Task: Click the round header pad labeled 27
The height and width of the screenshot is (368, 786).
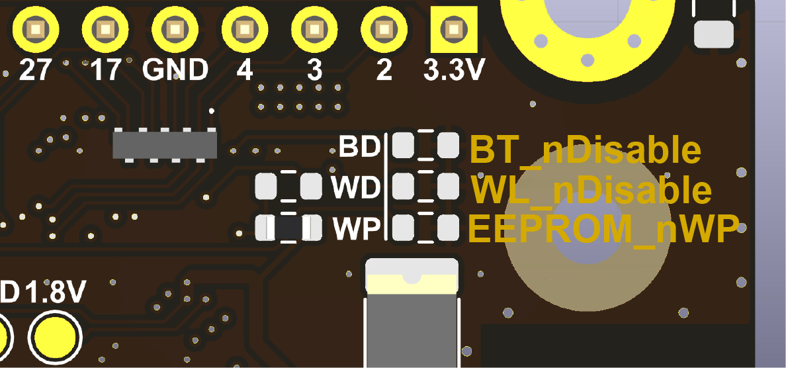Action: click(35, 30)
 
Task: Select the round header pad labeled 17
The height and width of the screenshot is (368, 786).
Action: click(105, 30)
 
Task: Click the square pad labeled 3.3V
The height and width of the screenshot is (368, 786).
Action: click(453, 30)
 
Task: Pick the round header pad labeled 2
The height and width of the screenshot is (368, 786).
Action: click(384, 30)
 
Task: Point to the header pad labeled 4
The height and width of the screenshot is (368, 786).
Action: click(245, 30)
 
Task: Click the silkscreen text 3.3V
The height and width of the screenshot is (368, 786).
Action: click(453, 69)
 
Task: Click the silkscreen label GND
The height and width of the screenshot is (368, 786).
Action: click(175, 69)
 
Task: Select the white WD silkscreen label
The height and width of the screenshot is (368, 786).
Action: click(356, 188)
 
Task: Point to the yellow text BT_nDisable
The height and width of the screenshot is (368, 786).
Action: click(585, 151)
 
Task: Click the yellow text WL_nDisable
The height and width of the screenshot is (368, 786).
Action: click(591, 191)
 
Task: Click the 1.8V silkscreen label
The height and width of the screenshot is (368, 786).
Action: click(56, 292)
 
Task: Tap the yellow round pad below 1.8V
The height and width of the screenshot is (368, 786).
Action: click(55, 336)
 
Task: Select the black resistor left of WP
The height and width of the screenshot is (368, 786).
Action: click(288, 228)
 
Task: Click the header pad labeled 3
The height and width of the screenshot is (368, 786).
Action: click(314, 30)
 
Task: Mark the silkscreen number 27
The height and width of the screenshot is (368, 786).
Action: click(35, 69)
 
